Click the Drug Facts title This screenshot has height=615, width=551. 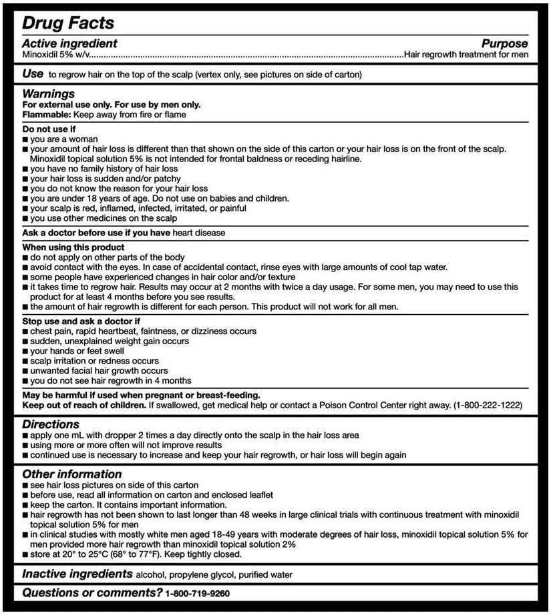tap(68, 23)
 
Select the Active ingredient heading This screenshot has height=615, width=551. tap(69, 43)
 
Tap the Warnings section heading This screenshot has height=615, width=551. tap(48, 94)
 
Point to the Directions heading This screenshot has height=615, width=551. tap(51, 424)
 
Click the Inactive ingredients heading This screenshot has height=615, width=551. tap(77, 574)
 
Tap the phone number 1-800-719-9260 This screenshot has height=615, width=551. tap(198, 593)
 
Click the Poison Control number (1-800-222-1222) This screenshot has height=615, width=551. tap(488, 405)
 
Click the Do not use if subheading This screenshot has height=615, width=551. tap(49, 129)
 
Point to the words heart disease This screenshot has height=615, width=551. tap(199, 233)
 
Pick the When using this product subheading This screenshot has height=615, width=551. tap(65, 247)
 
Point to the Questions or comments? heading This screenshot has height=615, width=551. tap(92, 592)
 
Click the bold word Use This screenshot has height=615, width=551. tap(33, 73)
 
